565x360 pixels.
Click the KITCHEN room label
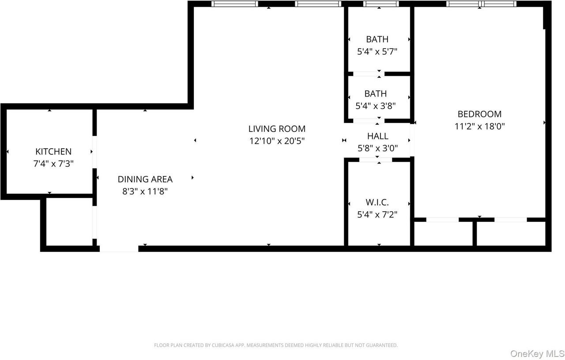[x=53, y=151]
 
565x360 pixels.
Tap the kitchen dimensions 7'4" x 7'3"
[x=53, y=163]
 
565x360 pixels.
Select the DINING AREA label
[x=145, y=179]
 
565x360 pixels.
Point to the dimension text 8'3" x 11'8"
[x=145, y=191]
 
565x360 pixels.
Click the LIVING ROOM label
[x=277, y=129]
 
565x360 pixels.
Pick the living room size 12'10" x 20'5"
[x=277, y=141]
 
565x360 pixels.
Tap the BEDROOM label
[x=479, y=114]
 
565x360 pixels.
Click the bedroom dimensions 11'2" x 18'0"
[x=479, y=126]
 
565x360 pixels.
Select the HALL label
[x=377, y=136]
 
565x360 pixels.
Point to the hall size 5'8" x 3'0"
[x=377, y=148]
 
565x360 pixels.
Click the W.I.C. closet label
[x=377, y=202]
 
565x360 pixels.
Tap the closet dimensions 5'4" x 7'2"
[x=377, y=215]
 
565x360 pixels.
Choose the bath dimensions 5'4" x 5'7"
[x=377, y=51]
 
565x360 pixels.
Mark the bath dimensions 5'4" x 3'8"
[x=375, y=106]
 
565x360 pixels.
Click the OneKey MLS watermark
[x=537, y=353]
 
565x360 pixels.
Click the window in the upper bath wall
[x=380, y=4]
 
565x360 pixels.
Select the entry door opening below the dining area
[x=119, y=249]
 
